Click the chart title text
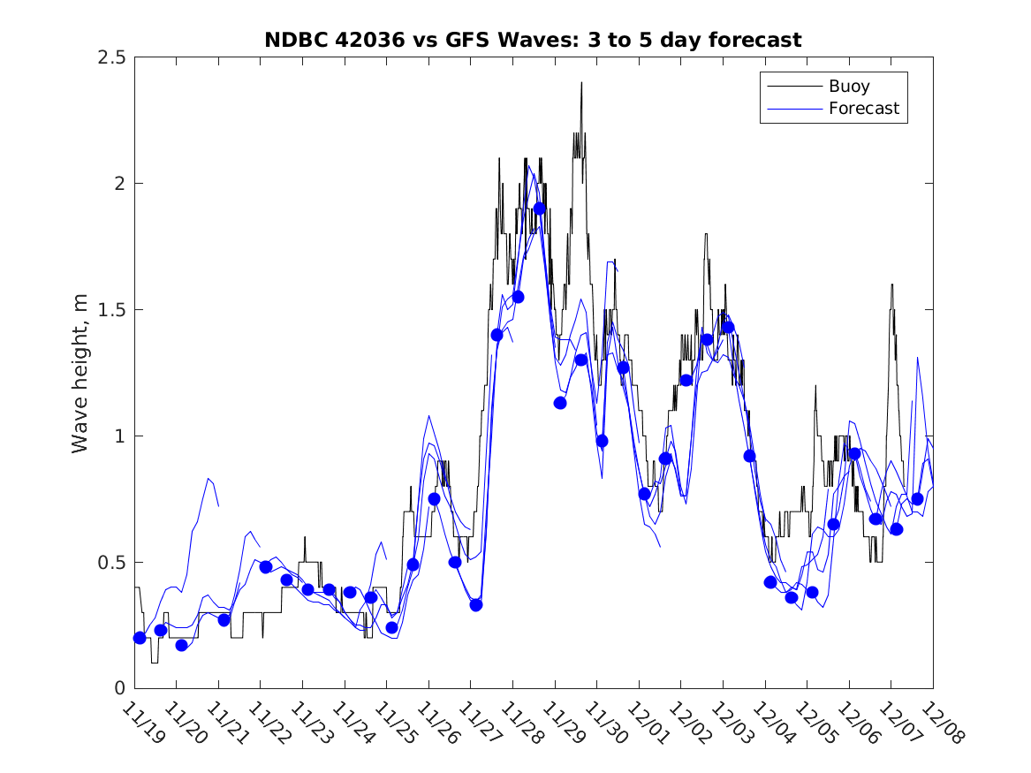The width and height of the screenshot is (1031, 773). tap(533, 40)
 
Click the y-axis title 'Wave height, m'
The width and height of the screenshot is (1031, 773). tap(80, 374)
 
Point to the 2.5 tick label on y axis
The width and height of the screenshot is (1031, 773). tap(110, 57)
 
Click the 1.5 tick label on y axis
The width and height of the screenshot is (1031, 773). tap(110, 310)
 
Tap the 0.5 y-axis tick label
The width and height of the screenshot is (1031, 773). tap(110, 563)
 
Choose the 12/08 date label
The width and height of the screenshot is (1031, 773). tap(937, 724)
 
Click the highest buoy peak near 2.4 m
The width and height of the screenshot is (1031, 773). tap(581, 83)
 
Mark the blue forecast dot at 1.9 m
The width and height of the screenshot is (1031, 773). tap(539, 208)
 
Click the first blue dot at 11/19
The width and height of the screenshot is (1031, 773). tap(140, 638)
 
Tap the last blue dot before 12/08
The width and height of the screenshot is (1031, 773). tap(917, 499)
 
